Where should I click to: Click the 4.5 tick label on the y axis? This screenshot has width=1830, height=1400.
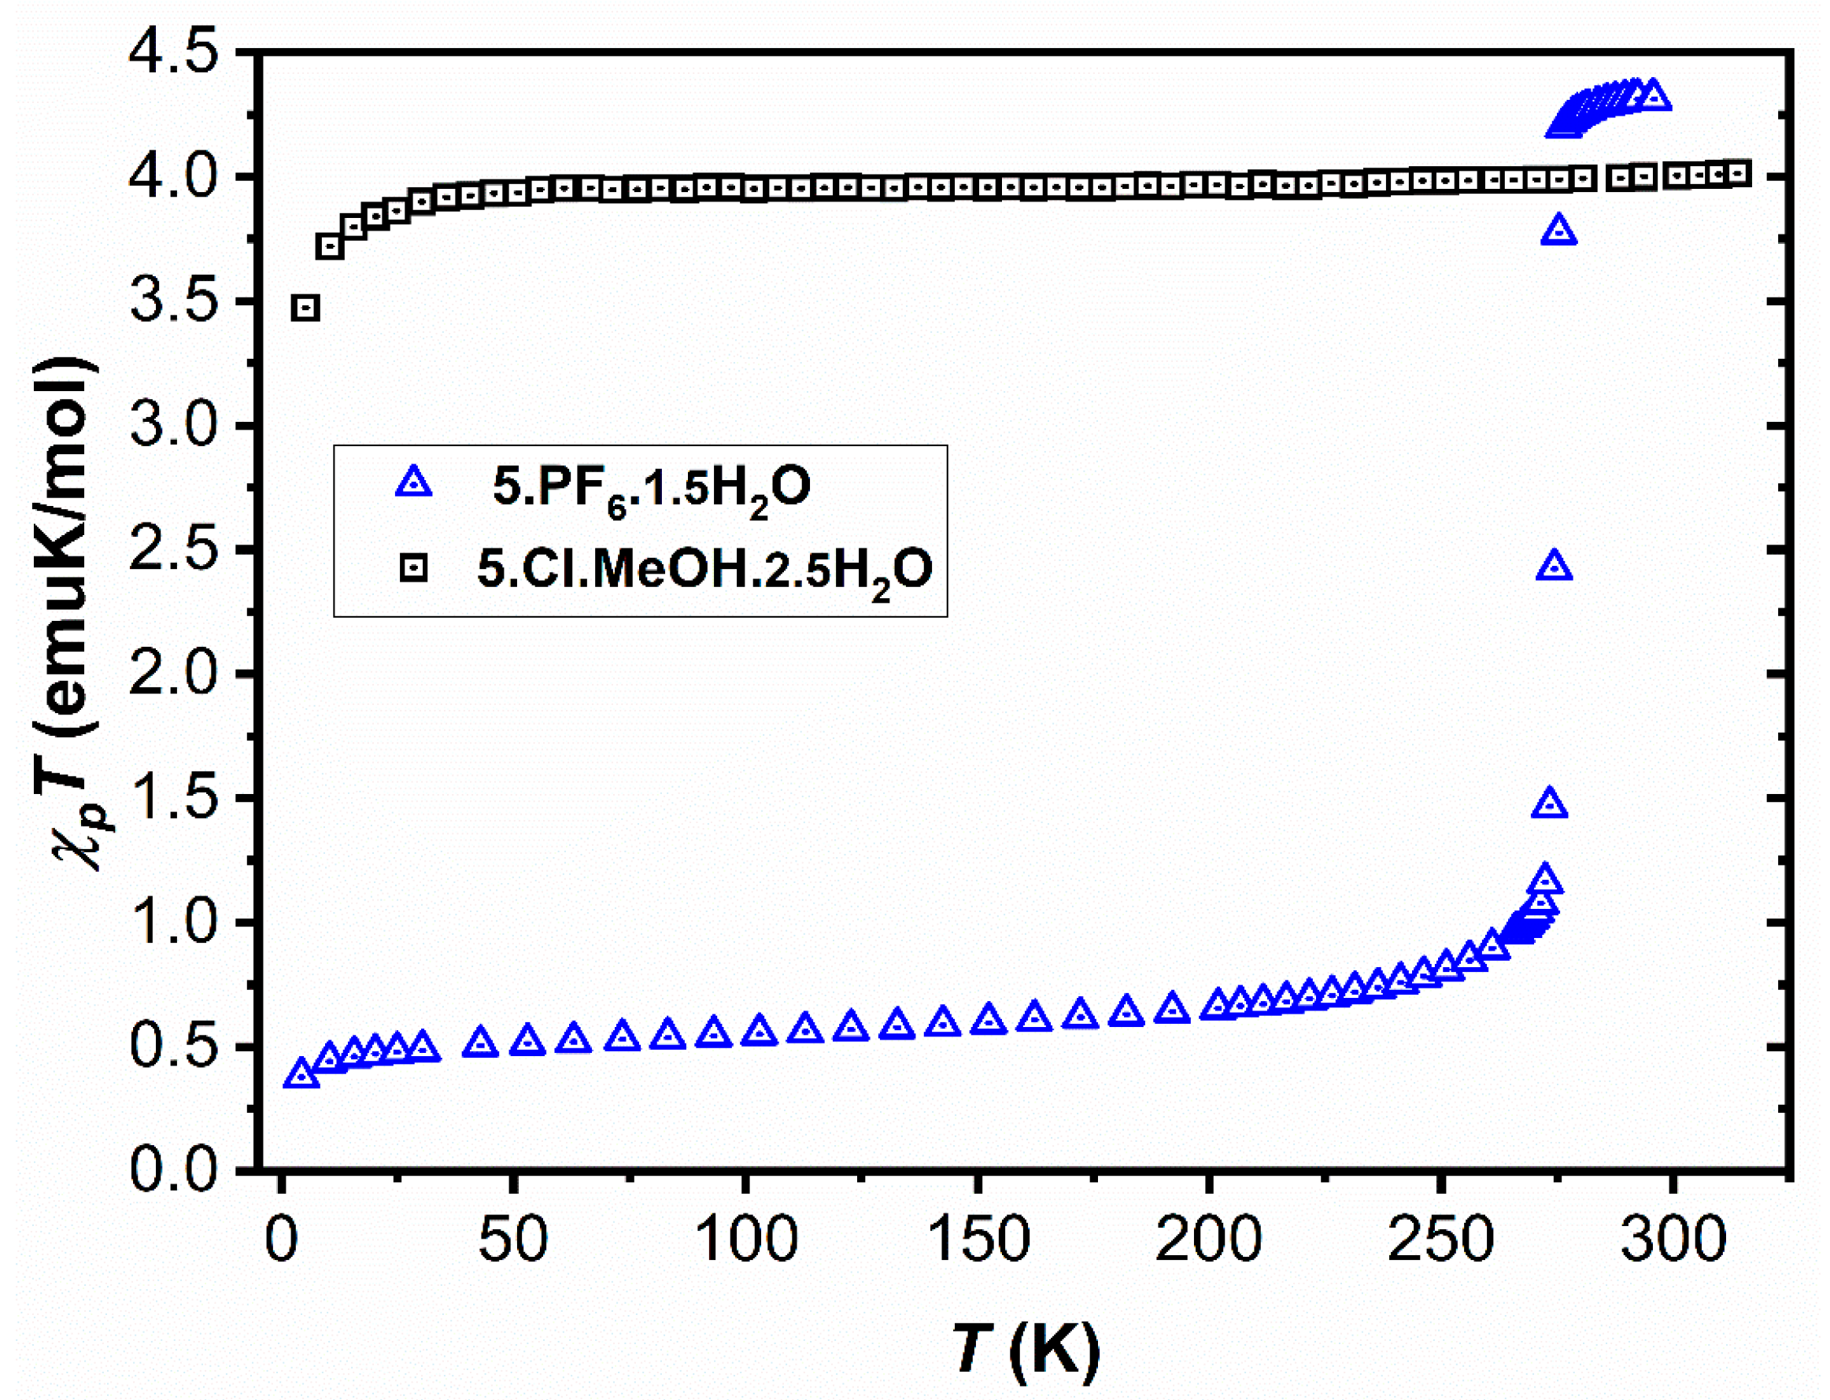pos(172,53)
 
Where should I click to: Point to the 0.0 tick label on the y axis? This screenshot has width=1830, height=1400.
pos(172,1170)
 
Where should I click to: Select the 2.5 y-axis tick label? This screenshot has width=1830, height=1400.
pos(172,549)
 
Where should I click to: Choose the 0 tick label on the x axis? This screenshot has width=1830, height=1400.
pos(281,1240)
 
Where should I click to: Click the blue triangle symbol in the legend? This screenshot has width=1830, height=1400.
pos(414,483)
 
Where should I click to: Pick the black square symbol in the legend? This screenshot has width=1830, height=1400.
pos(414,569)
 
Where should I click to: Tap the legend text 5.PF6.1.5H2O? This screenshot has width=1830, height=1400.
pos(651,487)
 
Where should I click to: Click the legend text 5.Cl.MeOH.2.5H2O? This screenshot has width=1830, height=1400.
pos(704,571)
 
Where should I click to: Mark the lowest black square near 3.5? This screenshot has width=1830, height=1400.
pos(306,308)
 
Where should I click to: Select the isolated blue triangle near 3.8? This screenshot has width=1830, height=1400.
pos(1559,231)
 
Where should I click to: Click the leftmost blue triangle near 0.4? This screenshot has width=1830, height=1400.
pos(301,1075)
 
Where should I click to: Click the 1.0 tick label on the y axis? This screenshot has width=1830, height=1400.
pos(172,922)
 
